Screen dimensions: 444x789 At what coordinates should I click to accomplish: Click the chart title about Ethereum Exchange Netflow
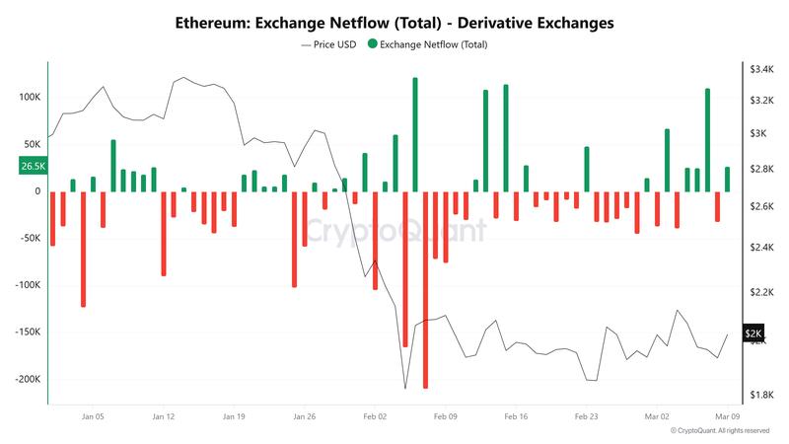[x=394, y=21]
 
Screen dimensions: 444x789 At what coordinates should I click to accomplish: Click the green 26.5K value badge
[x=32, y=167]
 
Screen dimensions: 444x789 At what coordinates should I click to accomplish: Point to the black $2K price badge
[x=754, y=334]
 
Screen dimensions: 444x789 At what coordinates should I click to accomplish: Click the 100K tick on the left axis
[x=28, y=98]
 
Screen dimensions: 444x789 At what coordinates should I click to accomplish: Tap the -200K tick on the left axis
[x=25, y=379]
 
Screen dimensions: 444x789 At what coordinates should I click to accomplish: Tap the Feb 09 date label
[x=446, y=417]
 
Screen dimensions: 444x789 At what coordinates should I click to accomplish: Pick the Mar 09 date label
[x=728, y=417]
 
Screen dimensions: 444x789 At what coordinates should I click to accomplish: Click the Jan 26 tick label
[x=305, y=417]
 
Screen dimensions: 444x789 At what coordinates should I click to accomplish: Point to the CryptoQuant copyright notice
[x=719, y=431]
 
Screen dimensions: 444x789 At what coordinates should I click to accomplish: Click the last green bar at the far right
[x=728, y=180]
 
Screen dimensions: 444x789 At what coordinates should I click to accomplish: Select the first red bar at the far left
[x=52, y=218]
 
